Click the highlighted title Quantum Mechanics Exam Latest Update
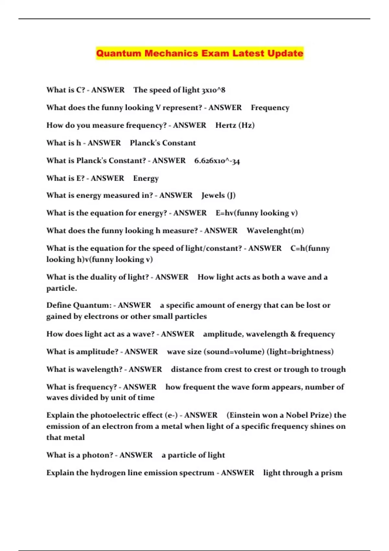pyautogui.click(x=200, y=53)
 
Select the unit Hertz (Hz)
pyautogui.click(x=235, y=125)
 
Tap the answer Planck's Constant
pyautogui.click(x=163, y=143)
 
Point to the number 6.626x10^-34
pyautogui.click(x=217, y=161)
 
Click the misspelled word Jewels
pyautogui.click(x=213, y=195)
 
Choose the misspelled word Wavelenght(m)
pyautogui.click(x=275, y=231)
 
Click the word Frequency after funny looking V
pyautogui.click(x=270, y=108)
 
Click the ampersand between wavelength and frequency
pyautogui.click(x=293, y=334)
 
